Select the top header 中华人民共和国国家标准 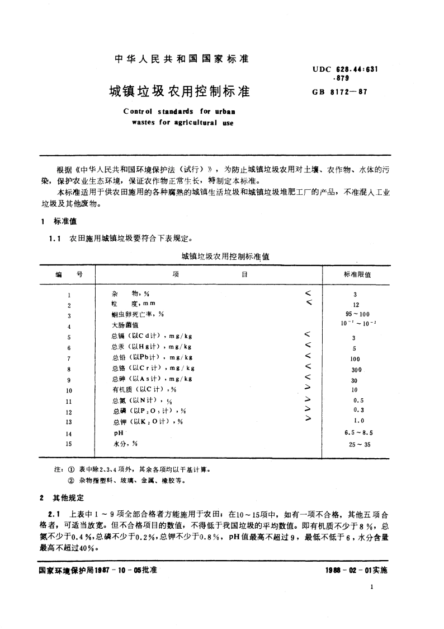pyautogui.click(x=181, y=58)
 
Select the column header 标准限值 pyautogui.click(x=357, y=275)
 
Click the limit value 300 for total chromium pyautogui.click(x=356, y=370)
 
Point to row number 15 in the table pyautogui.click(x=69, y=444)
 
